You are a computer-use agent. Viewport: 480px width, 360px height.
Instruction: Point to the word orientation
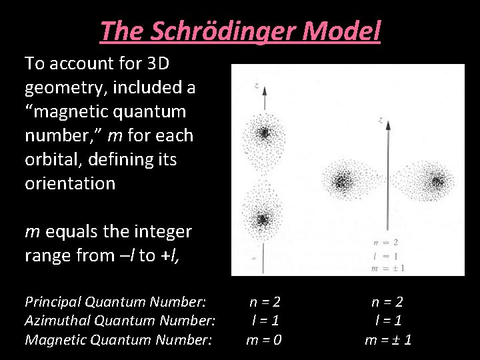click(70, 183)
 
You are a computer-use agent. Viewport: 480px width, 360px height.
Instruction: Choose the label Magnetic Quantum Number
click(118, 340)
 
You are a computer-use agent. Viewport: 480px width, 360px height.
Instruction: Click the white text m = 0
click(264, 340)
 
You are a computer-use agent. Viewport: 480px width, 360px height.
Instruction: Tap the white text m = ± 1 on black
click(389, 340)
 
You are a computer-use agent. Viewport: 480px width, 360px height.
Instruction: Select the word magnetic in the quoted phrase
click(79, 111)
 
